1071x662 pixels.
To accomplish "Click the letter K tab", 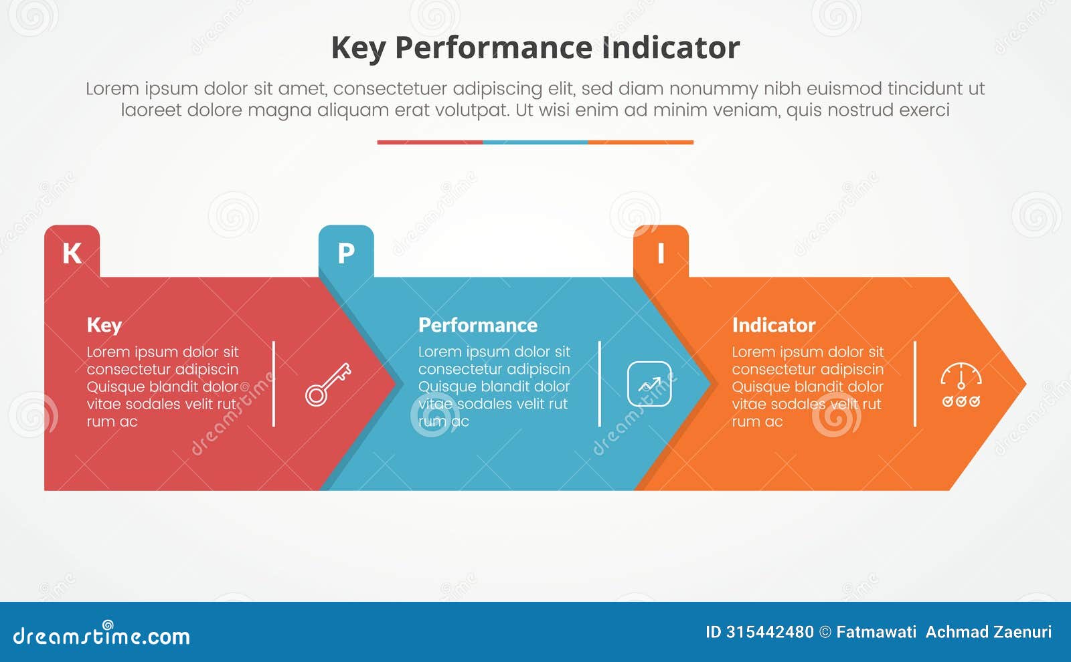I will (x=72, y=253).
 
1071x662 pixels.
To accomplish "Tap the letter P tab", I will (x=346, y=253).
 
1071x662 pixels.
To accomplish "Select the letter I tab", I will (x=661, y=253).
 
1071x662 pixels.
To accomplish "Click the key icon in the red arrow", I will (x=328, y=384).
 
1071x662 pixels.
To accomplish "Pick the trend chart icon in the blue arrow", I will (x=649, y=384).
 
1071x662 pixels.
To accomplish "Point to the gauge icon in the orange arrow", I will (x=961, y=385).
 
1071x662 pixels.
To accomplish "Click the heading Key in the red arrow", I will (x=104, y=325).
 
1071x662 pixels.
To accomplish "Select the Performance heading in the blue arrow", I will (x=478, y=325).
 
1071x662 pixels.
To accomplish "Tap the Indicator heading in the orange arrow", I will (x=774, y=325).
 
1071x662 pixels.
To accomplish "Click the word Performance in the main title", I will (x=493, y=48).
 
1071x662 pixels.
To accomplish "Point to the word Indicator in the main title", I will (x=671, y=48).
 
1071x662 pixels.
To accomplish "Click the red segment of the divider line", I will (x=430, y=142).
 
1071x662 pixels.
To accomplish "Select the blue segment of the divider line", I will (x=535, y=142).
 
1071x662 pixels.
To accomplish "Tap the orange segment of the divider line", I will (x=641, y=142).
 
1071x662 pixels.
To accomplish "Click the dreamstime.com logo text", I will (x=102, y=636).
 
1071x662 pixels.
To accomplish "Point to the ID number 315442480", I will (x=770, y=632).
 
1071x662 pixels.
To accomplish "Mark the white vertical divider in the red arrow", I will (x=274, y=384).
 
